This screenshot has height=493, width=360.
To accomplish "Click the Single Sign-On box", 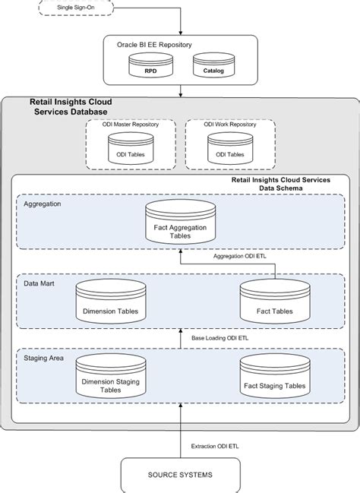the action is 76,8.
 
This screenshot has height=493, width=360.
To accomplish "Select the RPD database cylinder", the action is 150,65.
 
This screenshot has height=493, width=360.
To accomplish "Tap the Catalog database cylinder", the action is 213,65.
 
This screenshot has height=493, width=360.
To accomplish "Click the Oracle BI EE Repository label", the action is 154,45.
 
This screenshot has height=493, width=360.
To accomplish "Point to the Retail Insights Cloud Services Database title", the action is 71,107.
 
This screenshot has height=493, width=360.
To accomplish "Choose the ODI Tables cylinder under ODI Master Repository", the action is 131,148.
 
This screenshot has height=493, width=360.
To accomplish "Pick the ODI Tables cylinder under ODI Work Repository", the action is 230,148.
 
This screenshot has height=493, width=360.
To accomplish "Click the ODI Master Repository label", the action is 131,125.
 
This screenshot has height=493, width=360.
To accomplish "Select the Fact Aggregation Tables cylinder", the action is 181,222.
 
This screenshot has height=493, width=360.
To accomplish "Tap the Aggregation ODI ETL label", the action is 239,256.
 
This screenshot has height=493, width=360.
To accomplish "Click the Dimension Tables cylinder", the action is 111,302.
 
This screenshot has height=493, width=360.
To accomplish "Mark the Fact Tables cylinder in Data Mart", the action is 275,302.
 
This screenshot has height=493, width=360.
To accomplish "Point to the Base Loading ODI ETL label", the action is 219,338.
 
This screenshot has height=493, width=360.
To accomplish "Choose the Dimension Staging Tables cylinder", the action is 111,376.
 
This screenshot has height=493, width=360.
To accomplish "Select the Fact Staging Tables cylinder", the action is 275,376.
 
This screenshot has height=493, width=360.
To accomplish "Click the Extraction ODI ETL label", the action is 215,447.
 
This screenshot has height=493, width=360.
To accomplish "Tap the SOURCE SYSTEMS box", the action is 181,475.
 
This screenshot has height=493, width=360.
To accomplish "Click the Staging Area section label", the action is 44,358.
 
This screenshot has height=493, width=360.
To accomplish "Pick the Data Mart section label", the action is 39,283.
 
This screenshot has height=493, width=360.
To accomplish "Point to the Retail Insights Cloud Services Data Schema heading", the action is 281,185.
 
